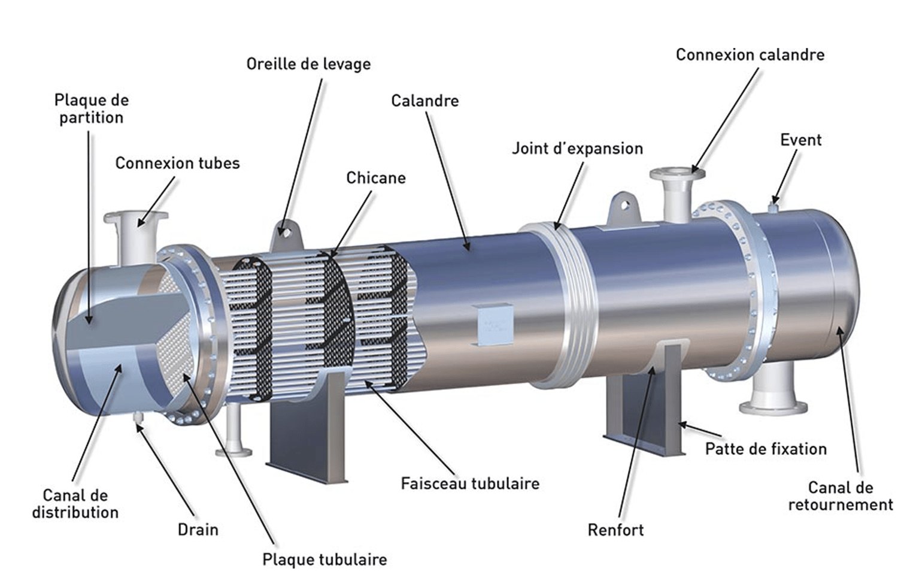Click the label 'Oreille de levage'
[308, 65]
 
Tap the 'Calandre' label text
[424, 101]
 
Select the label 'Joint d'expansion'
[577, 149]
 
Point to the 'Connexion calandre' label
[750, 55]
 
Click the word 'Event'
[800, 140]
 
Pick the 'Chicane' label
[376, 178]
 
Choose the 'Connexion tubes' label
[177, 164]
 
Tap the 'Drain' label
[198, 530]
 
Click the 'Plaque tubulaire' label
[324, 560]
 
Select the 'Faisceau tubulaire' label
[470, 484]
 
